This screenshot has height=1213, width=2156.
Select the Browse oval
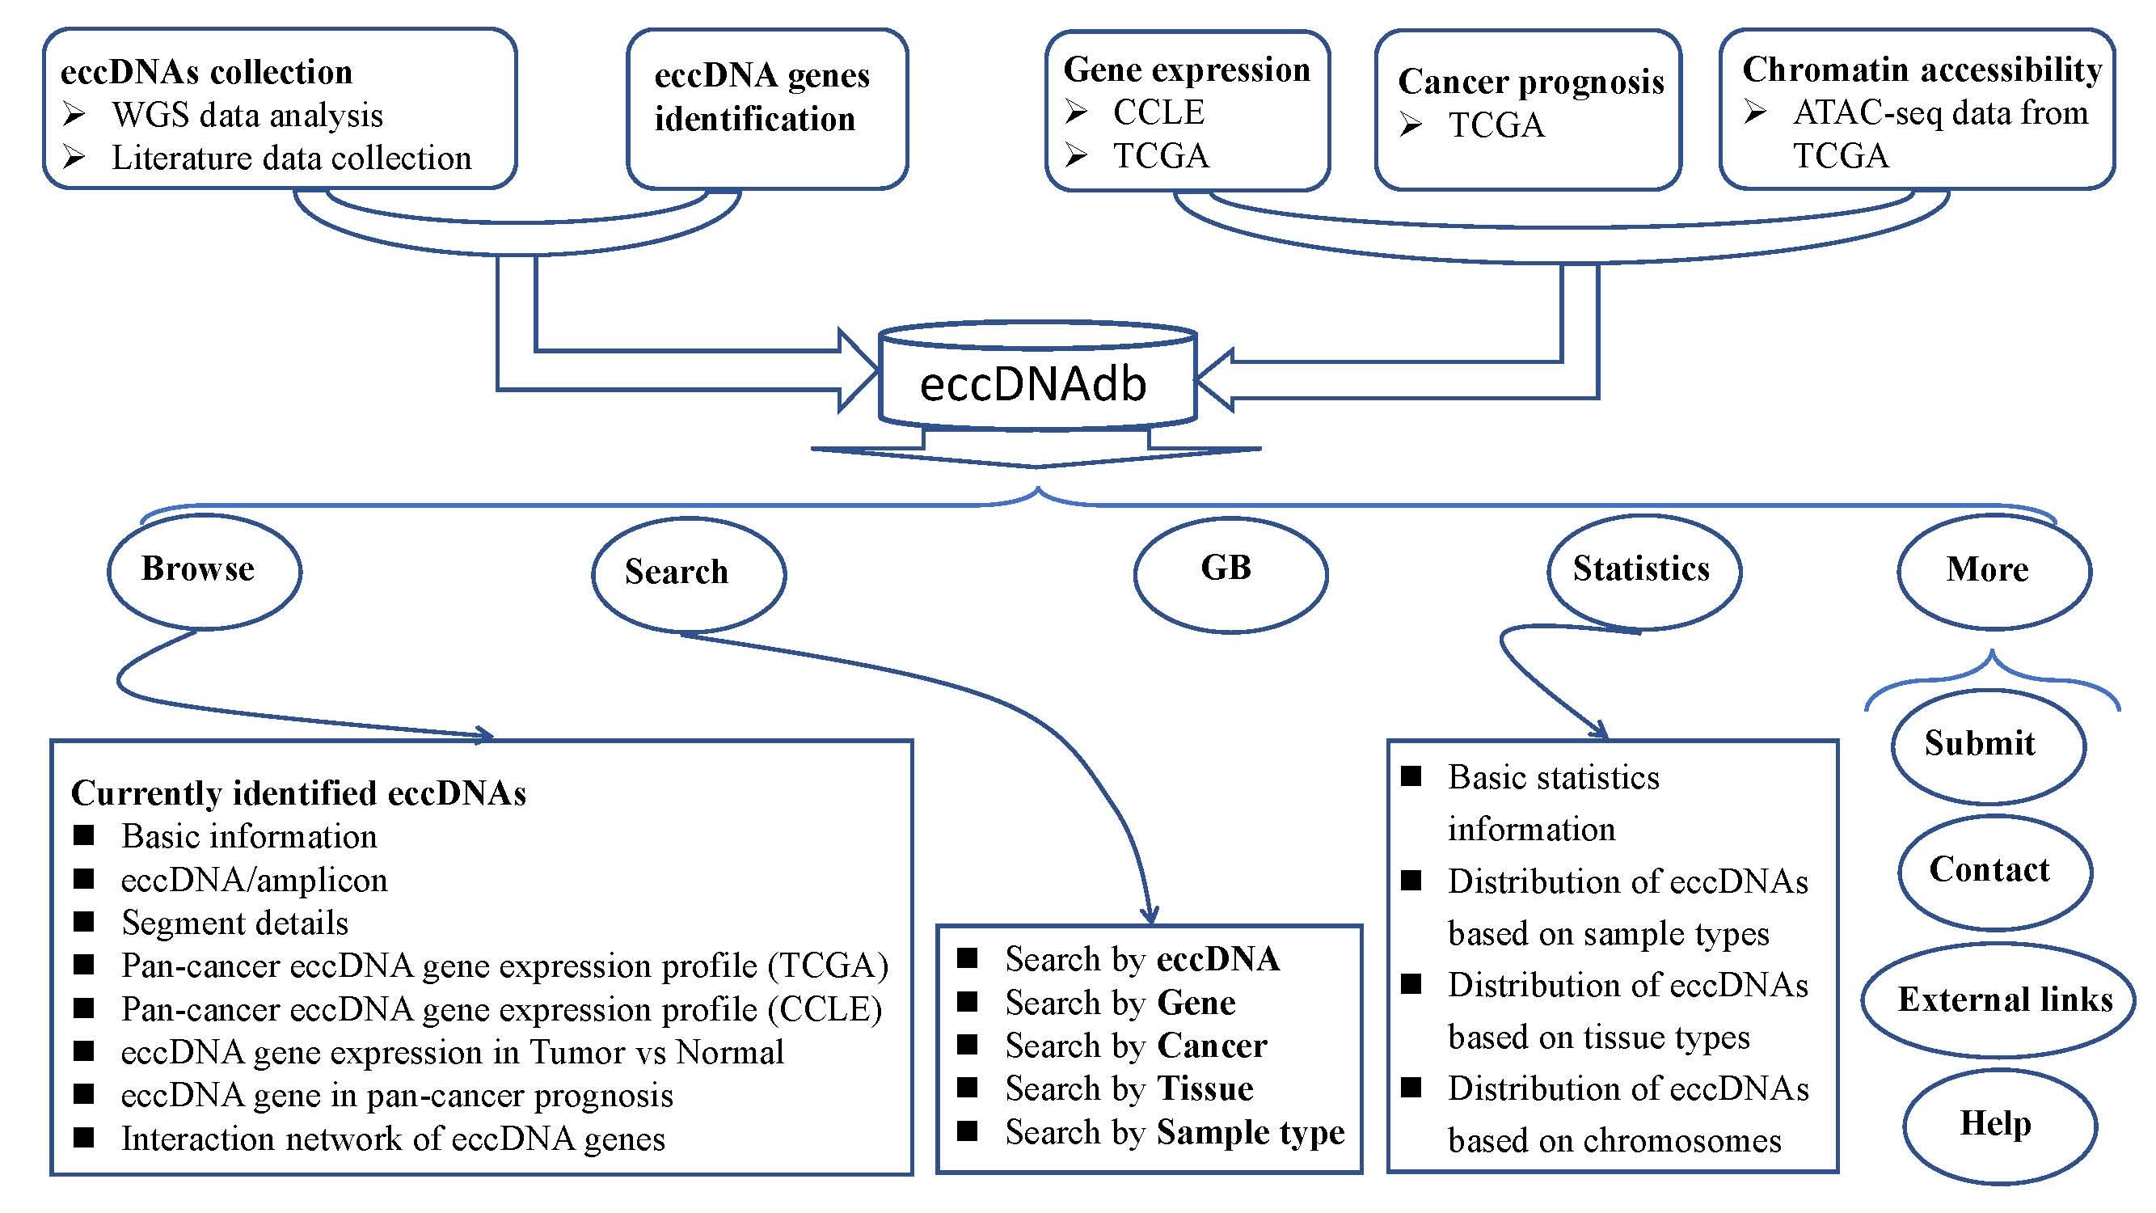204,570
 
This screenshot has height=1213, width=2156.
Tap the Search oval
688,573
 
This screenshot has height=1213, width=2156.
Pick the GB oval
1230,573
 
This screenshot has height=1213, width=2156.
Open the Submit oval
1987,745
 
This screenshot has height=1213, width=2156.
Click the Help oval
1998,1124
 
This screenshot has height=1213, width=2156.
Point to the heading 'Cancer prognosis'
1531,82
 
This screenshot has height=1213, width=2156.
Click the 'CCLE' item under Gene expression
1158,113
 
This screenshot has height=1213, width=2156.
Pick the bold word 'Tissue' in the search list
1205,1089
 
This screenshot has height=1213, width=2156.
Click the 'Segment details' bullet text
234,923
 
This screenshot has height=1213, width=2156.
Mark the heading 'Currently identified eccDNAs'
299,793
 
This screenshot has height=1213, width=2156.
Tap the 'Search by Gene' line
1120,1003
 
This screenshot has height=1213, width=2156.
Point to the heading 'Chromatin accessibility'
1922,70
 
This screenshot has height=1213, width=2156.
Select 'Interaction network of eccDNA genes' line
393,1139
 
